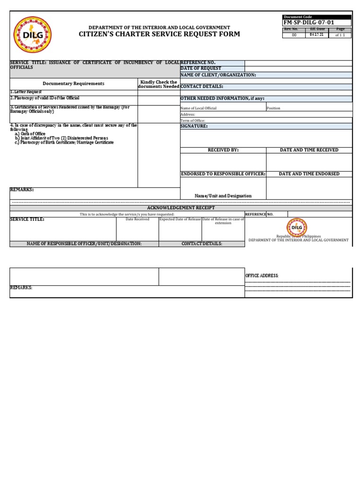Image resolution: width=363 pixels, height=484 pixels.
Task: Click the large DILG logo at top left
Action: [32, 35]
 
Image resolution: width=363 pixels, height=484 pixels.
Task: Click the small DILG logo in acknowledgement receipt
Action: [297, 227]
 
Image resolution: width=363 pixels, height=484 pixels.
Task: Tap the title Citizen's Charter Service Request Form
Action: [159, 35]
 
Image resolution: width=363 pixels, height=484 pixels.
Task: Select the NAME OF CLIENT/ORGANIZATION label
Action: [218, 75]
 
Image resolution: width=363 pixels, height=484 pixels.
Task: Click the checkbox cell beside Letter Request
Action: [158, 92]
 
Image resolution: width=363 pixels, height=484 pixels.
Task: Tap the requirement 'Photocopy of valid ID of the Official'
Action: [45, 98]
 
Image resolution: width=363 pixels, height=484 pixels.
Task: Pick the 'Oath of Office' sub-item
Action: [32, 134]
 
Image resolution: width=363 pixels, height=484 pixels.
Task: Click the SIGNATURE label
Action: [194, 126]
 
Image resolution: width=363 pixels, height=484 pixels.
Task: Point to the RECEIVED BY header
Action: [223, 150]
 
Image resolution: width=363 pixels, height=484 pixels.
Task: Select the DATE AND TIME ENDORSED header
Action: [309, 174]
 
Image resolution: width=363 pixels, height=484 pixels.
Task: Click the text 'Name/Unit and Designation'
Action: [223, 196]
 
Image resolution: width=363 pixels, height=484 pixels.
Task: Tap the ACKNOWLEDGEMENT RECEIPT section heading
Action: [181, 208]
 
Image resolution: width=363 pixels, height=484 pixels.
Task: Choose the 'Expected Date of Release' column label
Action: [180, 219]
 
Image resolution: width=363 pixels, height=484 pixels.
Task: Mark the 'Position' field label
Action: [273, 108]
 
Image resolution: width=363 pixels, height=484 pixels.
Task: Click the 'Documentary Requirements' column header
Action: [73, 84]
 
